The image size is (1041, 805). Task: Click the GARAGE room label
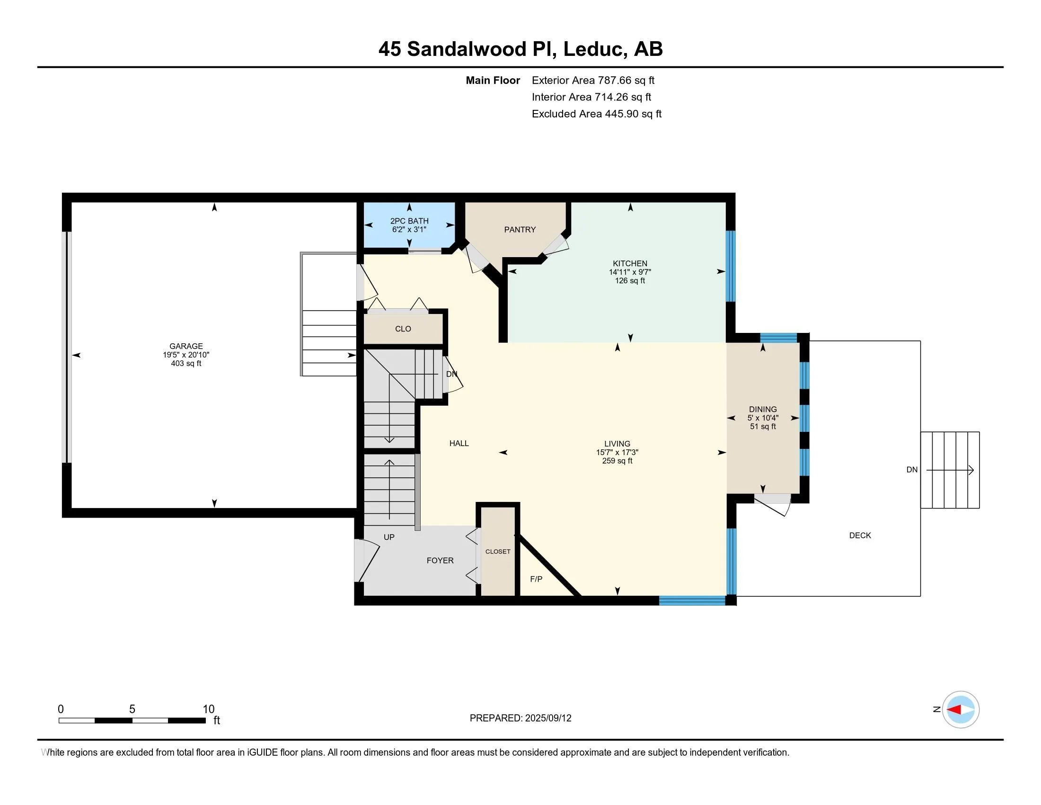(x=186, y=346)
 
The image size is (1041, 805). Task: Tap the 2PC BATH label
(x=409, y=221)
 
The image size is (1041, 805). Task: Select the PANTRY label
(x=520, y=230)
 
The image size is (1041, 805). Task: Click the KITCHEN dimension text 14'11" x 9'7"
(x=630, y=272)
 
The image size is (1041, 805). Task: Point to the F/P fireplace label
(x=536, y=579)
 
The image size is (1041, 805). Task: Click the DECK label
(x=859, y=536)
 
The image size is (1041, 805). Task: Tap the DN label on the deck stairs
(x=911, y=470)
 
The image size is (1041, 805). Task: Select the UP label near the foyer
(x=389, y=537)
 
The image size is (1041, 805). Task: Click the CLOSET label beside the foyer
(x=498, y=551)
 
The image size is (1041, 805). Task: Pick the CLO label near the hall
(x=403, y=329)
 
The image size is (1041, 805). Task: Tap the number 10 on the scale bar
(x=208, y=709)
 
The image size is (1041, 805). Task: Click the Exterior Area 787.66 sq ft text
(x=593, y=80)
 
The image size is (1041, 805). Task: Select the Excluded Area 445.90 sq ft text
(x=596, y=114)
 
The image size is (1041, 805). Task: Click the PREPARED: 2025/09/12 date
(x=520, y=718)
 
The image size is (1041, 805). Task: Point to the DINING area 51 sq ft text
(x=763, y=426)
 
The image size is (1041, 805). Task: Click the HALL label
(x=459, y=444)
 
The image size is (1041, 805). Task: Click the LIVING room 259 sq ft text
(x=617, y=461)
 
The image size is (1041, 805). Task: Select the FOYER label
(x=440, y=560)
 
